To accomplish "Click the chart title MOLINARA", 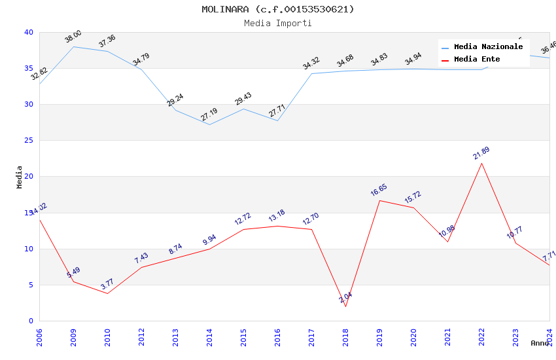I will coord(277,9).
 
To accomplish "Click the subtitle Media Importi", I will coord(277,23).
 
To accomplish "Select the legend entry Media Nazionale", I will coord(488,47).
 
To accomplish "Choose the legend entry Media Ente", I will coord(477,60).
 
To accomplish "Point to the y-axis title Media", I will coord(20,177).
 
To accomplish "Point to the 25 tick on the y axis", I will coord(28,141).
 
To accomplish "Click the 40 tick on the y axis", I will coord(28,32).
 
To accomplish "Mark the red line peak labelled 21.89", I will coord(482,163).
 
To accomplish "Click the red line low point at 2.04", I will coord(345,306).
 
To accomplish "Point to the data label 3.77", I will coord(107,284).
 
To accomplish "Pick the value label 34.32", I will coord(311,63).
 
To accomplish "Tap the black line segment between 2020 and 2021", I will coord(430,225).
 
